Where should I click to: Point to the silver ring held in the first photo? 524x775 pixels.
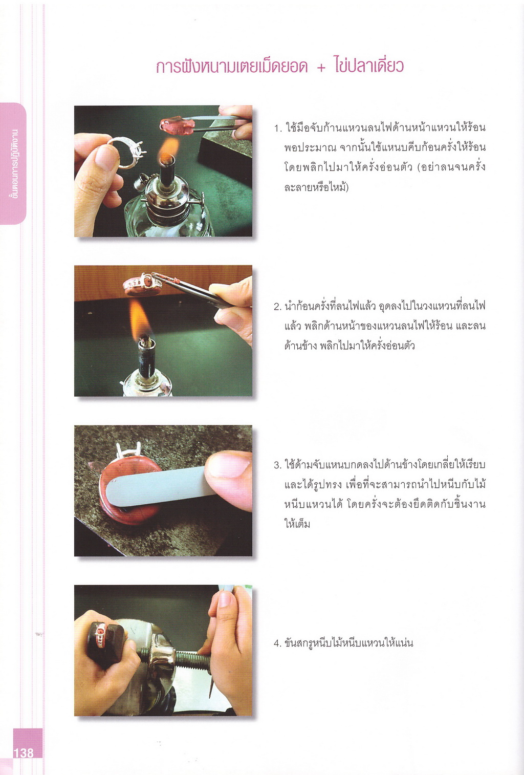tap(127, 153)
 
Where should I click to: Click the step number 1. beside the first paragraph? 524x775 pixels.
tap(278, 128)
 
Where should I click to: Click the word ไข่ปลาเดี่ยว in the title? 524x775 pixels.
tap(369, 66)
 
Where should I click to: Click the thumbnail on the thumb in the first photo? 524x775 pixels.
tap(105, 157)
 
